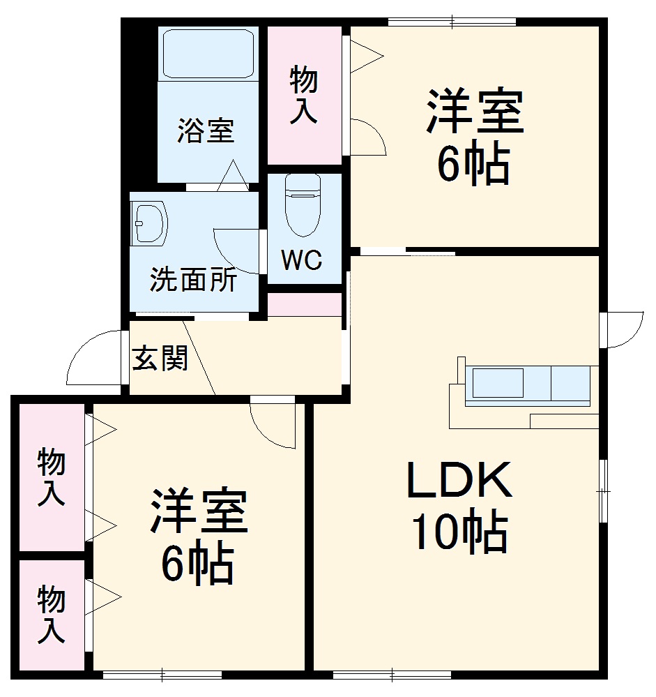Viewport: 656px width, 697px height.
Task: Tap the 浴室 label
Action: click(205, 130)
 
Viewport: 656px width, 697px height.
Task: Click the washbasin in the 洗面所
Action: click(149, 223)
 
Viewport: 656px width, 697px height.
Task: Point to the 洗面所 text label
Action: click(193, 280)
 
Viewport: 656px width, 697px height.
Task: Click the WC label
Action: click(302, 260)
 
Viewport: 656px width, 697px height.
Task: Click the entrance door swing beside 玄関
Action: click(96, 358)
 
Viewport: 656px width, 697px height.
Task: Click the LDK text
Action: click(459, 481)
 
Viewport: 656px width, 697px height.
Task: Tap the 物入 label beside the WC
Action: click(304, 95)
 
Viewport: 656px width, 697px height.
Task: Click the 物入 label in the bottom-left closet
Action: click(52, 614)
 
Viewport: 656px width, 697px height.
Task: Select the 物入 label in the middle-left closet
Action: click(52, 477)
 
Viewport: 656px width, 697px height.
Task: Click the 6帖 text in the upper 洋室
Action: click(473, 165)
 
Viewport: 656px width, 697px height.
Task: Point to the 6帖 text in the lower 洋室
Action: click(197, 563)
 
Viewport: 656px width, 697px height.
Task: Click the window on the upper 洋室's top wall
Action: click(452, 22)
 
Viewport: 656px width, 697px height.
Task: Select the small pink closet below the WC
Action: click(305, 305)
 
